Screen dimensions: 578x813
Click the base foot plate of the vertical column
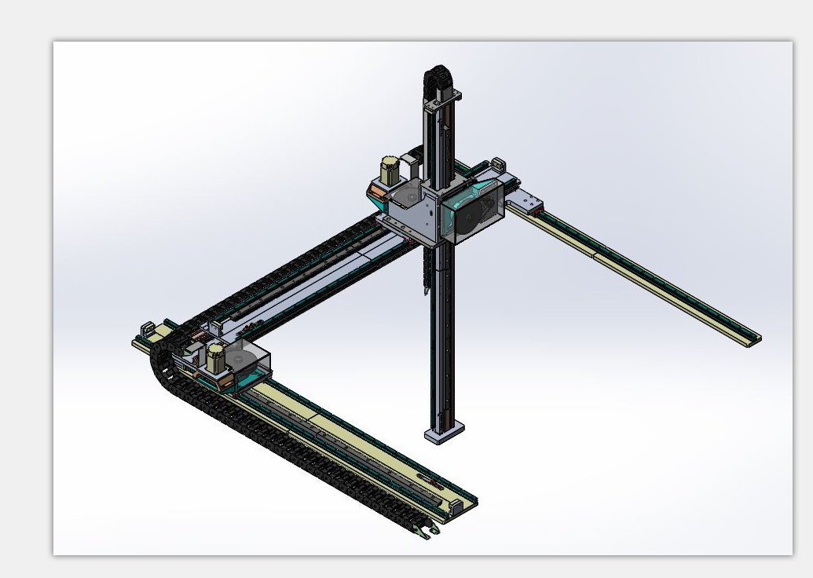click(444, 433)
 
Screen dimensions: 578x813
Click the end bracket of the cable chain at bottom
click(427, 532)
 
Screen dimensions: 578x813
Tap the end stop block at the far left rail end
click(145, 328)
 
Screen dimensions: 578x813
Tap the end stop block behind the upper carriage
click(497, 164)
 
